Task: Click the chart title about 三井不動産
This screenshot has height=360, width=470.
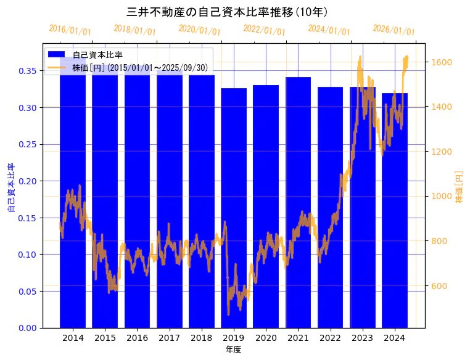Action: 227,12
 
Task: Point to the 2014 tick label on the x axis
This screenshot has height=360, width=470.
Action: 73,338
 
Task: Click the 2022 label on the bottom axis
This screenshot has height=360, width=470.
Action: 330,338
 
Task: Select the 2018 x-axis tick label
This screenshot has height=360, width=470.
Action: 201,338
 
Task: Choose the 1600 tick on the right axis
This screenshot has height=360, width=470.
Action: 441,62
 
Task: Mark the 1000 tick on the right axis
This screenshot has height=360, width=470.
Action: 441,196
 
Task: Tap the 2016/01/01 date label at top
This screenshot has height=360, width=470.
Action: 70,30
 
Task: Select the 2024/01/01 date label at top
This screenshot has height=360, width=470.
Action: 329,30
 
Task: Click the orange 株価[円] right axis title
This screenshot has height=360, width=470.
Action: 458,187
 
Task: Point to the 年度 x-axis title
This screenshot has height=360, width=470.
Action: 233,350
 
